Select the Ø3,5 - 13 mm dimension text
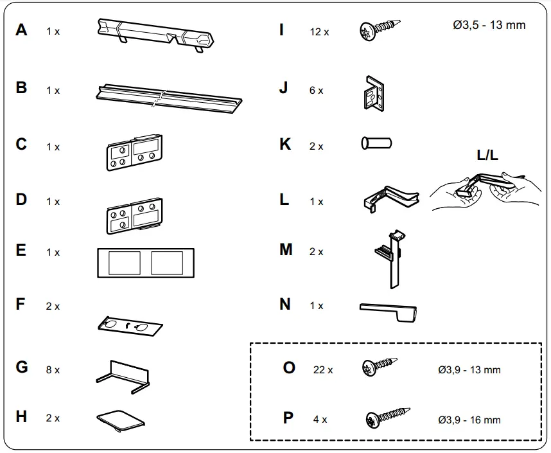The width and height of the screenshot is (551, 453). (489, 25)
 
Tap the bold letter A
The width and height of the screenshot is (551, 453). (22, 30)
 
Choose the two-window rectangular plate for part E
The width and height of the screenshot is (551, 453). (145, 262)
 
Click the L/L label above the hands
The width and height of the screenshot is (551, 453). (487, 155)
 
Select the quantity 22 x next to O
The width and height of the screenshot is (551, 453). (323, 369)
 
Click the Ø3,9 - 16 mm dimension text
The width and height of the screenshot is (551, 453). (469, 420)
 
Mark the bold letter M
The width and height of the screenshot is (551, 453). (286, 250)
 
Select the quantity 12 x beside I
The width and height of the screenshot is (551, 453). (319, 31)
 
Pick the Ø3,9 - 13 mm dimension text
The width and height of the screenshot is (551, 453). (469, 369)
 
